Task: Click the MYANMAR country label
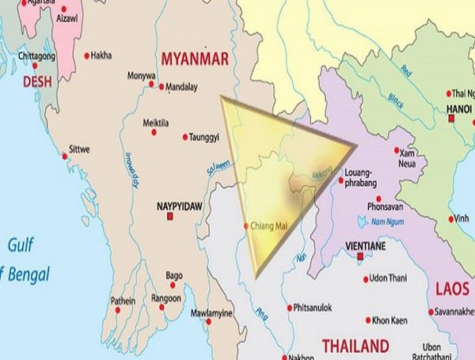[194, 59]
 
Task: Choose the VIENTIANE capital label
[365, 247]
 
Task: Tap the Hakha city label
[101, 55]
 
